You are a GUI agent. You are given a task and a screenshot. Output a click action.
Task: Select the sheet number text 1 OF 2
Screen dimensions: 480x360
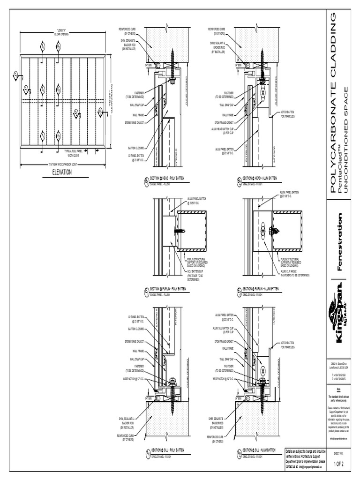[x=338, y=464]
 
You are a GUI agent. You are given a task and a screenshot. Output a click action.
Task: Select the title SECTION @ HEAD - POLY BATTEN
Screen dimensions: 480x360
[x=168, y=179]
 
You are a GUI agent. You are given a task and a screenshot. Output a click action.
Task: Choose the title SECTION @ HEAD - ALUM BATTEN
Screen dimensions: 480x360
[x=259, y=179]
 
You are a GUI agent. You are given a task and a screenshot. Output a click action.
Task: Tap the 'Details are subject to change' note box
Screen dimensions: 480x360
[x=305, y=458]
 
